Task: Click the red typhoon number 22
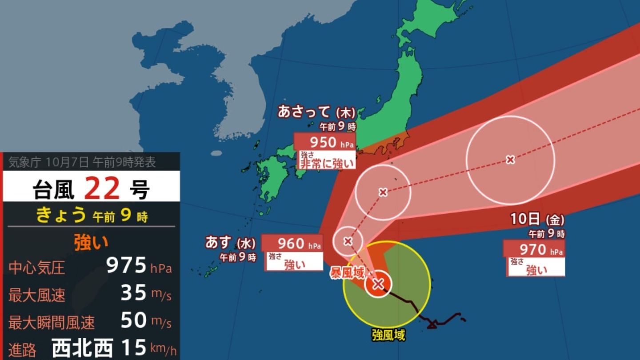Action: [x=102, y=188]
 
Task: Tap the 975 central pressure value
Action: [x=126, y=265]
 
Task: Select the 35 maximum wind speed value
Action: [x=133, y=293]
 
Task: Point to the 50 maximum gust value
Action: [x=133, y=320]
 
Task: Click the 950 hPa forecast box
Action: [x=325, y=142]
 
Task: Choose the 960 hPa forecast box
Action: [x=292, y=244]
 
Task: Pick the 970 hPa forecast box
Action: [x=534, y=249]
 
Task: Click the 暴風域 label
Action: [x=347, y=273]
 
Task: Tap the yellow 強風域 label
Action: [x=388, y=335]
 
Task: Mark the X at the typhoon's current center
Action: [x=378, y=284]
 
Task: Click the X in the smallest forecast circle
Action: [x=348, y=241]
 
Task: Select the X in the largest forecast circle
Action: [x=510, y=160]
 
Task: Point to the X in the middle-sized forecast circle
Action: [x=383, y=192]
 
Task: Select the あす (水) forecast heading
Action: [x=230, y=243]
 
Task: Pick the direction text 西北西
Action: [x=82, y=348]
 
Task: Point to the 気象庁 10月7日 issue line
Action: [x=82, y=163]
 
